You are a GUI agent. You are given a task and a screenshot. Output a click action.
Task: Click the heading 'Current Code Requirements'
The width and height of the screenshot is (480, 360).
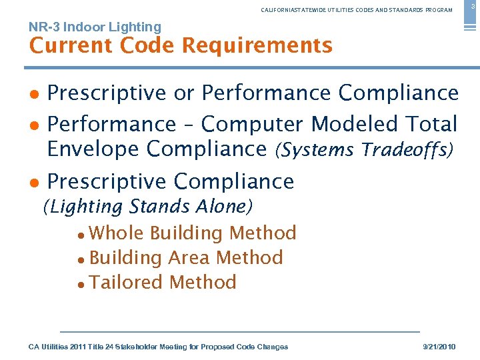(x=181, y=46)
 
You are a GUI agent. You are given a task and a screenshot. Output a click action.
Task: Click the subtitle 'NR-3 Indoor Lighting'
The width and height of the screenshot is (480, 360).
(x=95, y=27)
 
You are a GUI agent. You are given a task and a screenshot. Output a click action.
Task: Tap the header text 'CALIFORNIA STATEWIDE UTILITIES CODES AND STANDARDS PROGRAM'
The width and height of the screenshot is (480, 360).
(x=357, y=10)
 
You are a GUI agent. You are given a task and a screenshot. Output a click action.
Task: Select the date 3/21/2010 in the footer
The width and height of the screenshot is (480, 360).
(x=440, y=347)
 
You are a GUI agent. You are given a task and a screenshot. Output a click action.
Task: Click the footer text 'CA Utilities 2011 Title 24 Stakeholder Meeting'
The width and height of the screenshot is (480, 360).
(x=158, y=347)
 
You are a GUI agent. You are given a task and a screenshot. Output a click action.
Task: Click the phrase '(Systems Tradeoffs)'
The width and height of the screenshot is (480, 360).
(x=363, y=149)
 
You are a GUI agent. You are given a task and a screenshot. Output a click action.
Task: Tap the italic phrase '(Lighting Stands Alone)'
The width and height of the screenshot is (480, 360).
(x=147, y=207)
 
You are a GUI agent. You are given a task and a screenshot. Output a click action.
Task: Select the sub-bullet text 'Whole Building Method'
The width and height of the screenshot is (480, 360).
(x=193, y=233)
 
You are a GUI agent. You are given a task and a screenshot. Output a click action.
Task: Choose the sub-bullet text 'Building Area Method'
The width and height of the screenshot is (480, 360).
(x=186, y=257)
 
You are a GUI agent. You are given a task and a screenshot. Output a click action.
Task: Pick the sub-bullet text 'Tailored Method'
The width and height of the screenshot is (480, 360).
(x=163, y=282)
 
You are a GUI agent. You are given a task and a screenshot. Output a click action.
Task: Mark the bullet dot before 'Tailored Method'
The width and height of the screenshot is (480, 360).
(x=81, y=283)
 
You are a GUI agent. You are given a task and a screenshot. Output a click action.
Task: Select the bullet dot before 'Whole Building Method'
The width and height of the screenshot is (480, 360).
(x=81, y=234)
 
